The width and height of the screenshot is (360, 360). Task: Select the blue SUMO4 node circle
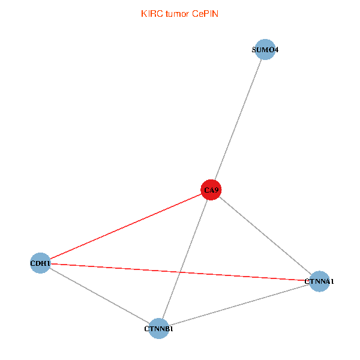coord(265,49)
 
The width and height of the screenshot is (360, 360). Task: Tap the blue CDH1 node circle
coord(40,263)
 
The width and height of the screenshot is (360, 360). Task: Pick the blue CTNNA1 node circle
coord(320,281)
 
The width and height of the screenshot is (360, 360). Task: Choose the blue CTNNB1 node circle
coord(158,328)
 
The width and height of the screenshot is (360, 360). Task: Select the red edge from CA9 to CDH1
coord(126,226)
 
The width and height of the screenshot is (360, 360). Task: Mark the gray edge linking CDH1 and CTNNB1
coord(99,295)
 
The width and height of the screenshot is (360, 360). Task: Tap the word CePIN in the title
coord(205,14)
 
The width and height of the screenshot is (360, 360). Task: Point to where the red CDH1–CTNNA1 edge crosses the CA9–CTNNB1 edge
coord(179,272)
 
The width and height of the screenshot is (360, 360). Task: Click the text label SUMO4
coord(265,50)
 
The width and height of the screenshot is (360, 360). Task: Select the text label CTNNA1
coord(319,281)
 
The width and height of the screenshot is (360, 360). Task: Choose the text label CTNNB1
coord(159,329)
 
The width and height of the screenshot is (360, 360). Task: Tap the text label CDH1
coord(40,263)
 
